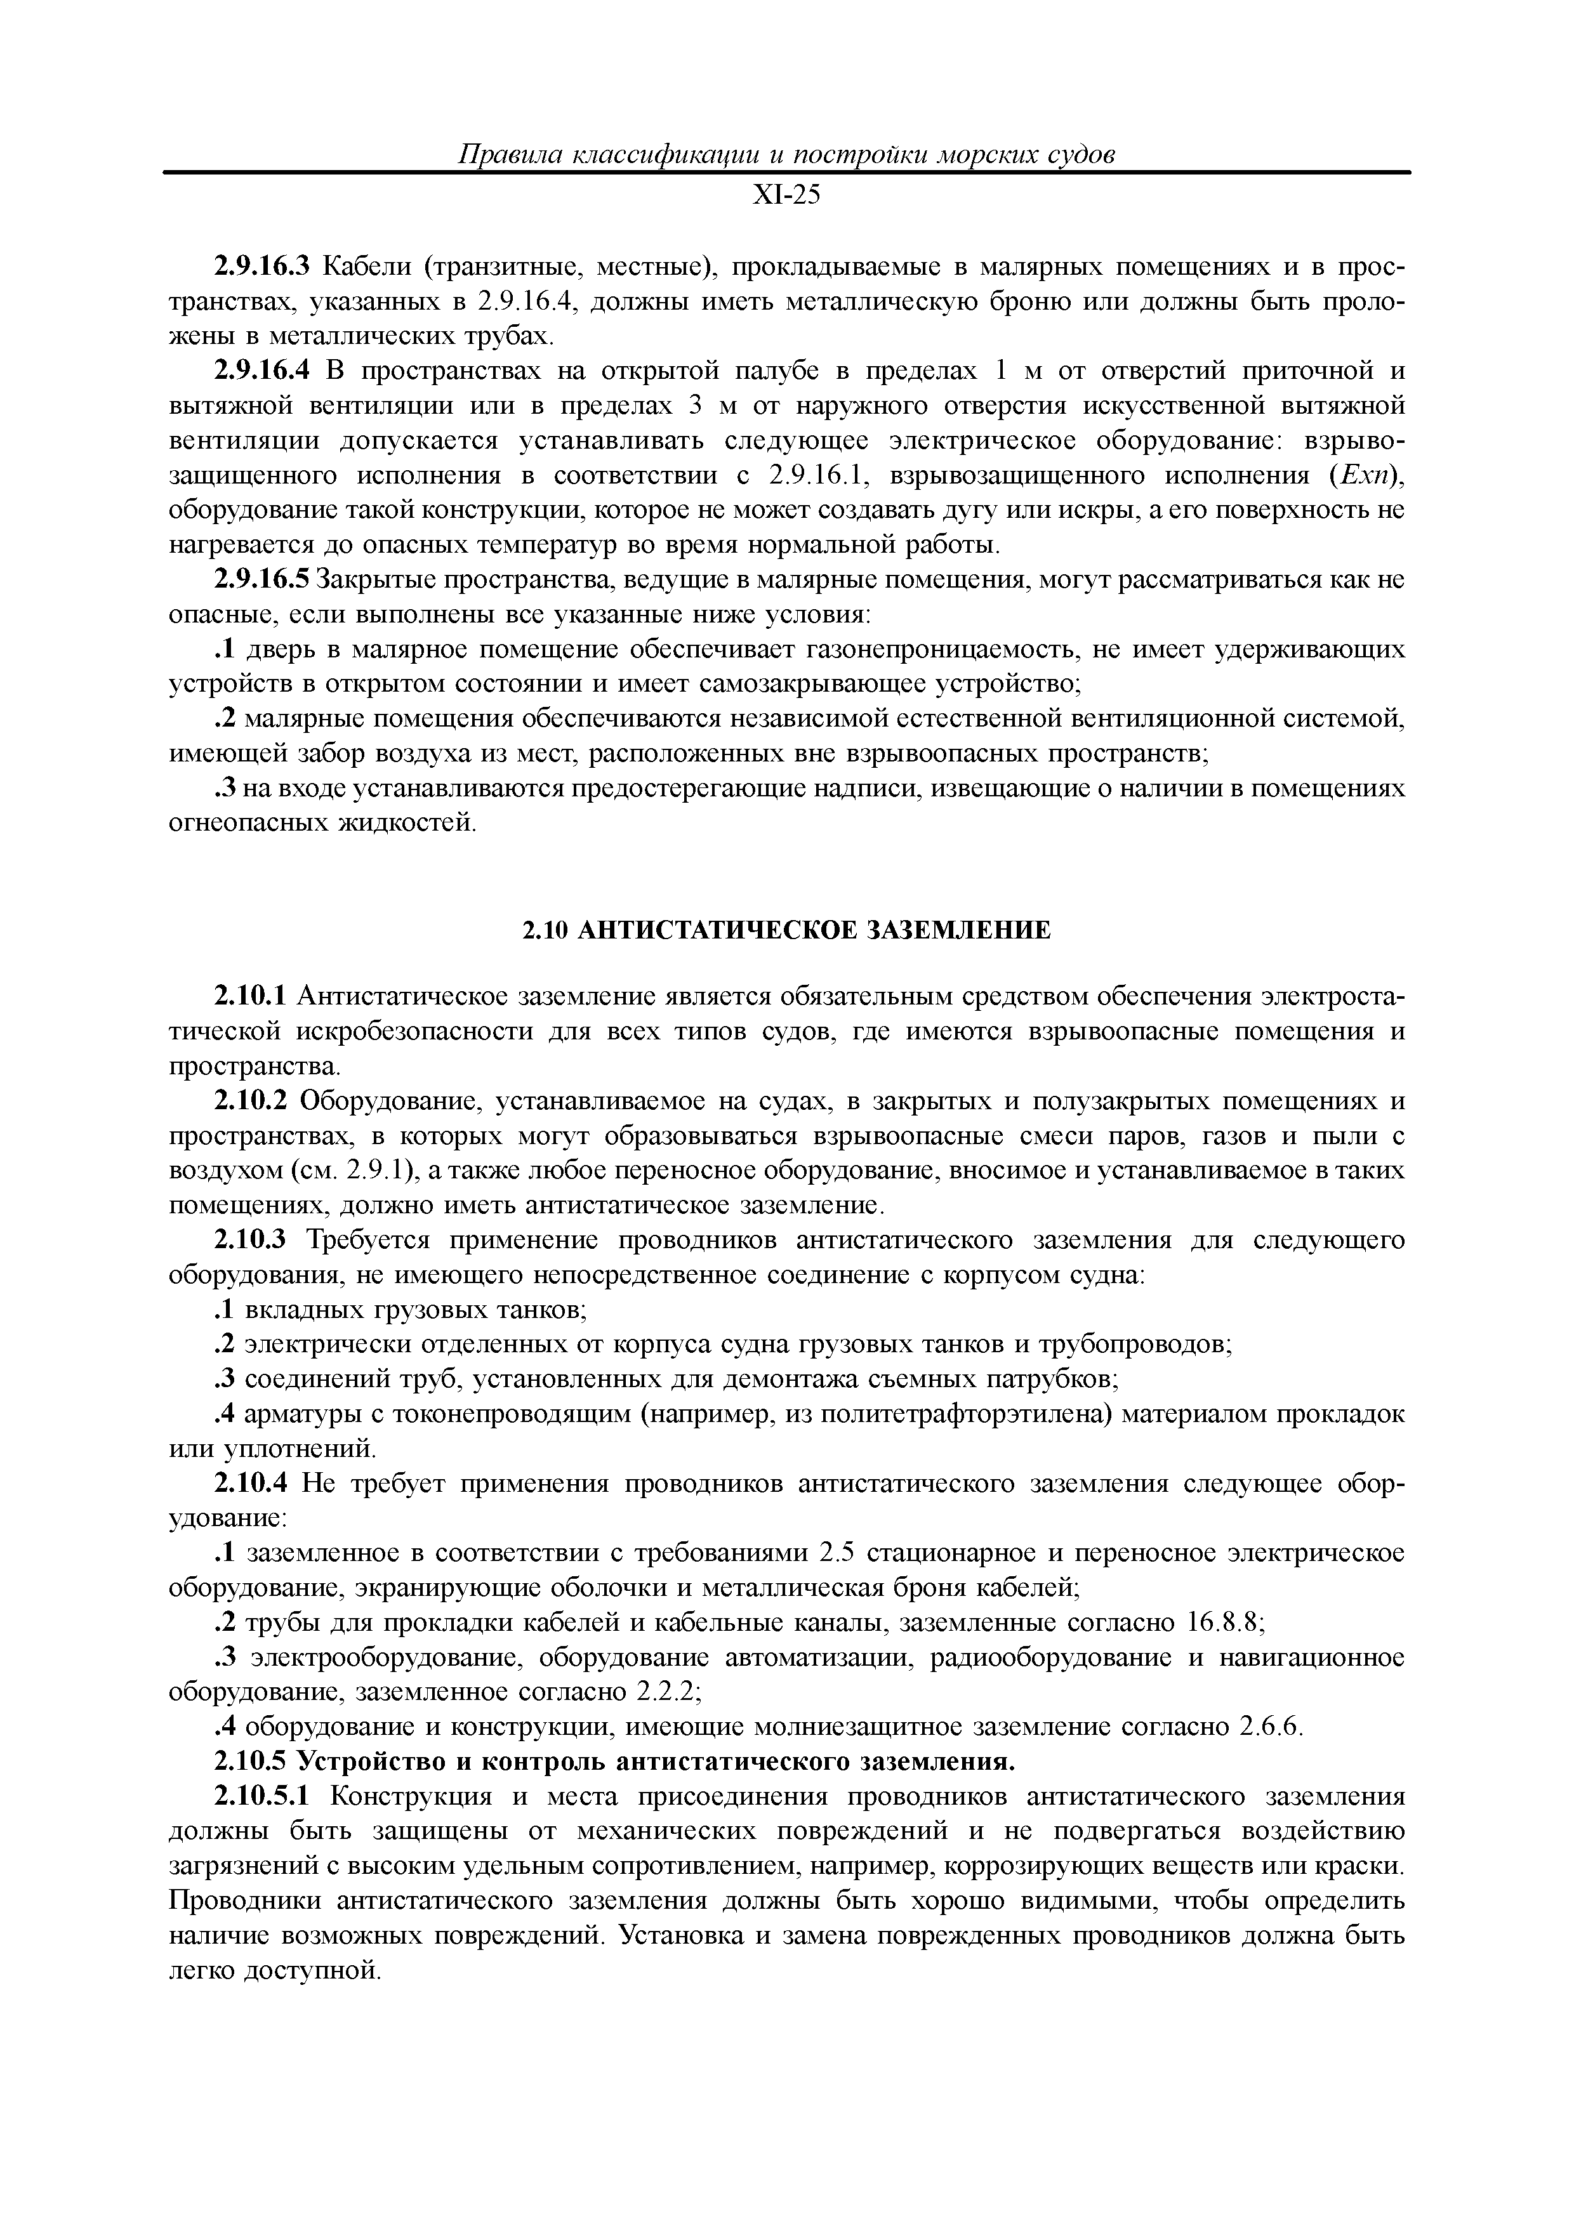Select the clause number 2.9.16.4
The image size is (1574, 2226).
(260, 371)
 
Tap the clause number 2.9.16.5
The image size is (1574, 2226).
(260, 580)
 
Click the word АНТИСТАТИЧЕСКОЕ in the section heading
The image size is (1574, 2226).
(717, 931)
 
